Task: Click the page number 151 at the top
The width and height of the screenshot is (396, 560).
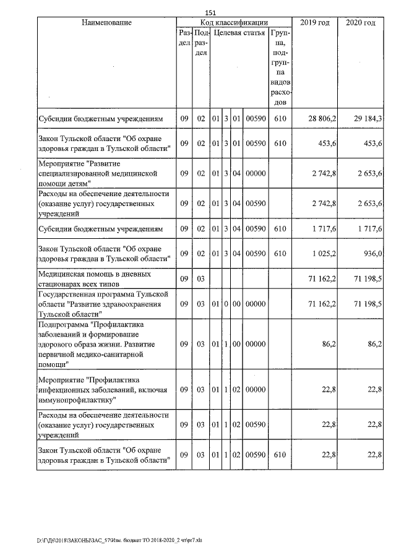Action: click(210, 13)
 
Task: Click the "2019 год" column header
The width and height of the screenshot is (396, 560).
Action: click(315, 23)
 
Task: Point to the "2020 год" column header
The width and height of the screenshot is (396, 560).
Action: click(361, 23)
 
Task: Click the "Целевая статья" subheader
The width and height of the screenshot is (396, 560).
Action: click(239, 33)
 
